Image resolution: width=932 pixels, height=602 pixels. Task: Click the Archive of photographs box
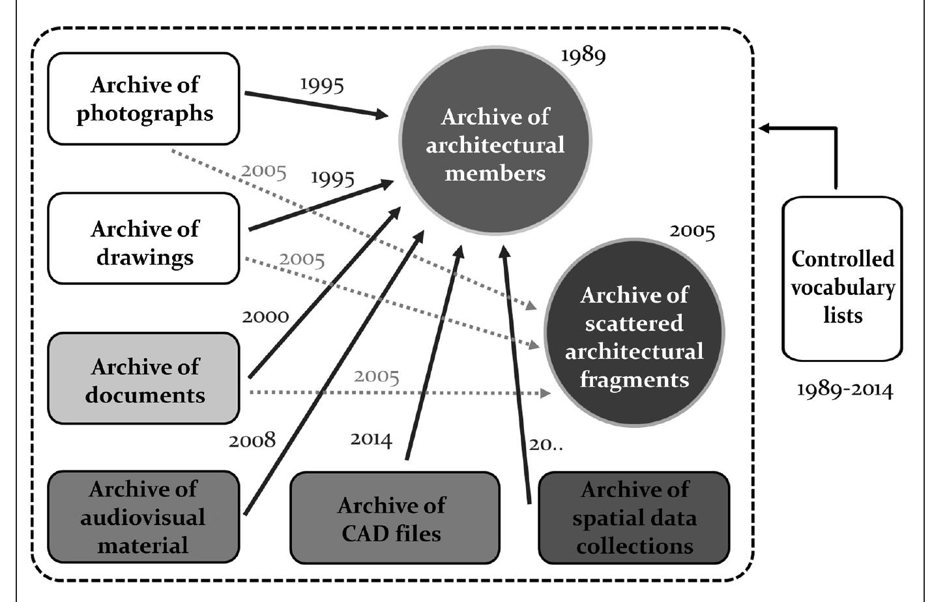(143, 99)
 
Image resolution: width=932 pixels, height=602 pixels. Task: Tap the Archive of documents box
(143, 379)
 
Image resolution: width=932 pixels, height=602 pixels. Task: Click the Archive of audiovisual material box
(143, 517)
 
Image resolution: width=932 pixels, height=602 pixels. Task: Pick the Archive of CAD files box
(394, 519)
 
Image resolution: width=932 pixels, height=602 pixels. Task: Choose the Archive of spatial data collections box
(633, 518)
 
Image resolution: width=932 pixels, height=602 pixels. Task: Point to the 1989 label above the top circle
(583, 55)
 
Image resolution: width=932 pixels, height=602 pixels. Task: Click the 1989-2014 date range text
(845, 391)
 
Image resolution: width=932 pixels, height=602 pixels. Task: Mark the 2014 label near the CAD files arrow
(371, 439)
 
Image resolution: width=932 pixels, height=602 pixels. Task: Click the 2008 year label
(252, 440)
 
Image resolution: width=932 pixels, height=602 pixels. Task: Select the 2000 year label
(265, 317)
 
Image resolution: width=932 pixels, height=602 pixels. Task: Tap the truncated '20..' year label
(546, 445)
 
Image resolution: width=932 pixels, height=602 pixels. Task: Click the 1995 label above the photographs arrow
(322, 85)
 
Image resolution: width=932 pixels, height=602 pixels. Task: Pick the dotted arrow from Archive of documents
(398, 393)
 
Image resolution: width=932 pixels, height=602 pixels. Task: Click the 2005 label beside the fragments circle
(692, 232)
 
